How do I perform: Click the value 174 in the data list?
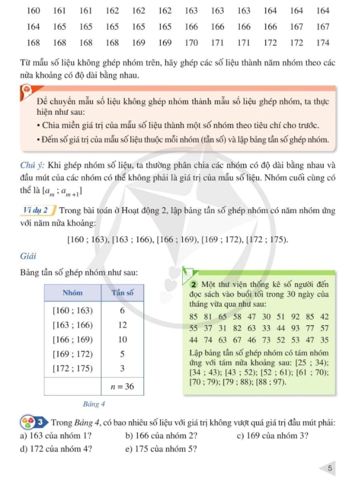[x=322, y=43]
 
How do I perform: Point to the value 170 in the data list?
[x=191, y=43]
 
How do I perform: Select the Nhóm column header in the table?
[x=73, y=292]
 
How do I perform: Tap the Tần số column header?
[x=122, y=292]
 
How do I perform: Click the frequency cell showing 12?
[x=122, y=325]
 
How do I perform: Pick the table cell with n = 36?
[x=122, y=386]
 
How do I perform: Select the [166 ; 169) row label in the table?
[x=73, y=339]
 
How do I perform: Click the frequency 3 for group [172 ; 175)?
[x=122, y=368]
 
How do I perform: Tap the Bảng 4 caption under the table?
[x=94, y=403]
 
